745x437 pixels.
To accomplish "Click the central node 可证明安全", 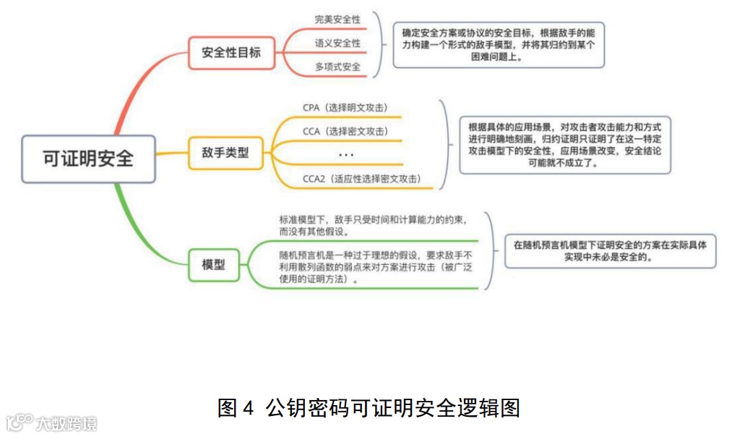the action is point(88,159).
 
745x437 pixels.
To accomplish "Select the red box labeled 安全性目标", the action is point(231,53).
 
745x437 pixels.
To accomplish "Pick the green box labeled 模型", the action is point(213,265).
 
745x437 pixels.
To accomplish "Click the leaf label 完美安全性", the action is point(337,20).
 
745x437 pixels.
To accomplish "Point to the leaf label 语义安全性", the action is point(337,43).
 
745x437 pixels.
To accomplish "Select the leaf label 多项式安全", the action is point(337,67).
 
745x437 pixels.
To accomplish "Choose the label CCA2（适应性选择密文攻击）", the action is point(362,178).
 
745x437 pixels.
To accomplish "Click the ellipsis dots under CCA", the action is point(346,155).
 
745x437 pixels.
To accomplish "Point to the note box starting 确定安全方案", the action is point(499,45).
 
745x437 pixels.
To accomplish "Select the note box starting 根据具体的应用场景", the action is point(564,145).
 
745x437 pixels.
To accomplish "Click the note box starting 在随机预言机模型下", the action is point(610,250).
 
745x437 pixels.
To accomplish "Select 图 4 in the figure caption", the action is point(236,408).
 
